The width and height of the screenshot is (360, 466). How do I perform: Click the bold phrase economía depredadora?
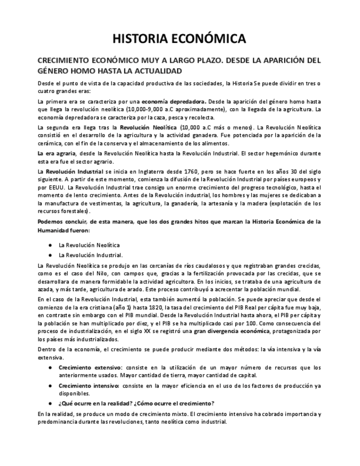[174, 102]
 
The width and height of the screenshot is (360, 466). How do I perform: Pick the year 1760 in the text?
[198, 173]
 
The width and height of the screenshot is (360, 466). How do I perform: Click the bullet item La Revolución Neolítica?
[90, 245]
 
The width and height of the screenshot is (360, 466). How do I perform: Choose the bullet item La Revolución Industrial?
[91, 255]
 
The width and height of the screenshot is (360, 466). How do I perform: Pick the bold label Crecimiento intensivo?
[90, 386]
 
